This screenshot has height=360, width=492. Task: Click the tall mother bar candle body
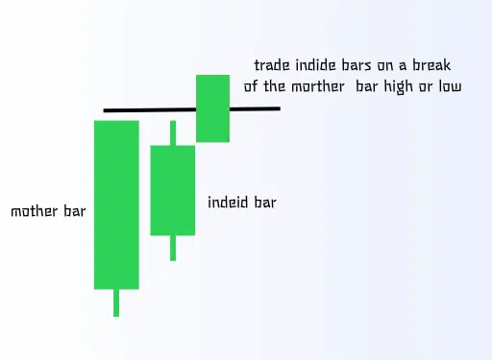[x=116, y=204]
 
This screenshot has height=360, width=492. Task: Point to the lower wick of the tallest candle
[x=116, y=302]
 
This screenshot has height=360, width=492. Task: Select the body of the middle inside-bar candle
[x=173, y=189]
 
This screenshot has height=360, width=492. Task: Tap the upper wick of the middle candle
[x=173, y=132]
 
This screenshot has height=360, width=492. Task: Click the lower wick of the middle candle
[x=173, y=248]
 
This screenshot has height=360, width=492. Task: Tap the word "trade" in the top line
[x=274, y=65]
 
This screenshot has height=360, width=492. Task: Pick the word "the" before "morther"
[x=287, y=86]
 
